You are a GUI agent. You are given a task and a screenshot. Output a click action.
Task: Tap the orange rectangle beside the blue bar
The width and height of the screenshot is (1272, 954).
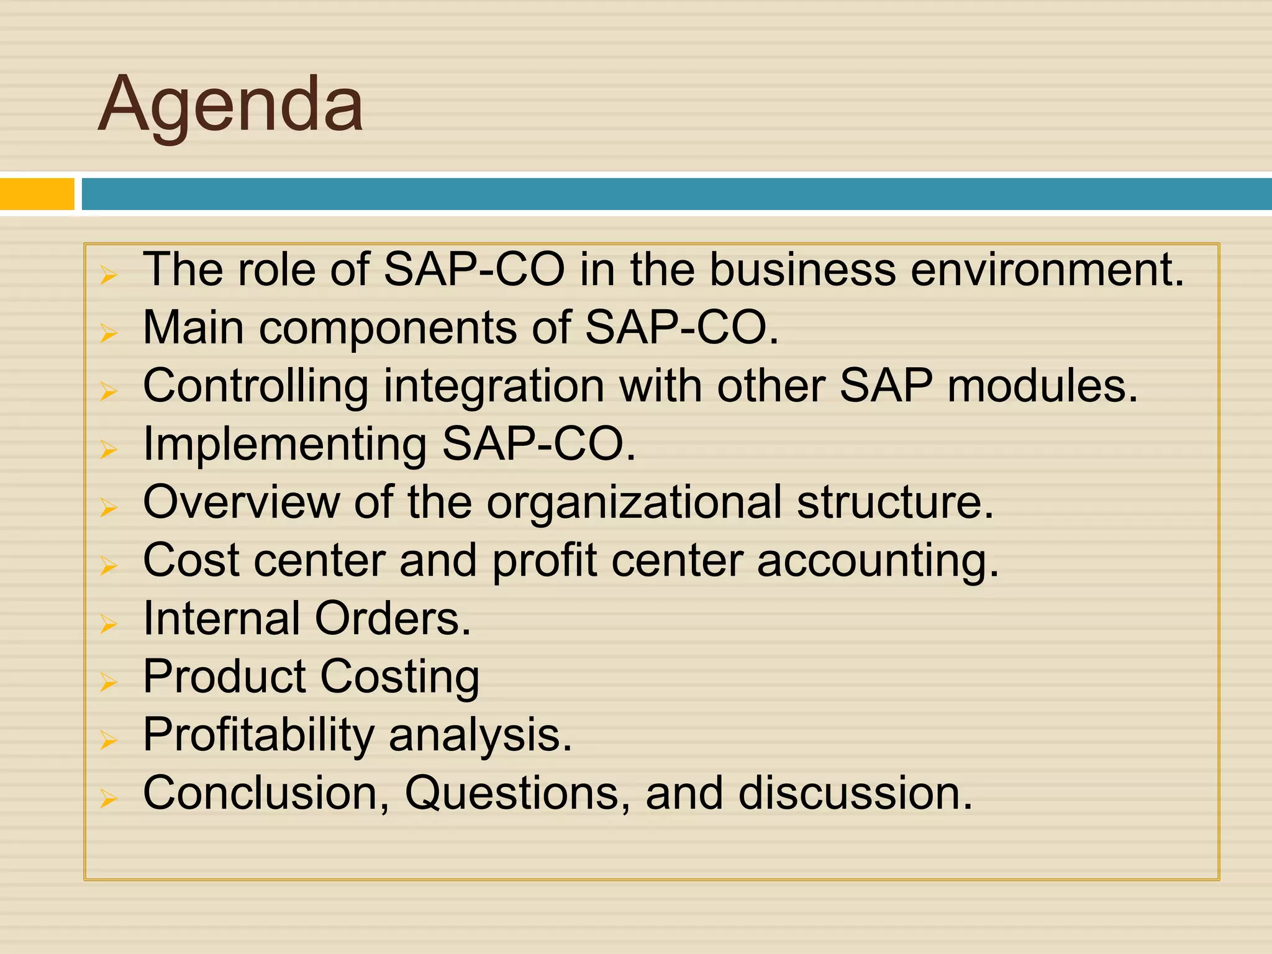37,194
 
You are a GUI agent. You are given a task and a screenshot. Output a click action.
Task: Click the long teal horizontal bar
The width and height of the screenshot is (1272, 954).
676,194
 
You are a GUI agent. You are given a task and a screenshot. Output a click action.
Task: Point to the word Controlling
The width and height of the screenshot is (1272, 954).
255,387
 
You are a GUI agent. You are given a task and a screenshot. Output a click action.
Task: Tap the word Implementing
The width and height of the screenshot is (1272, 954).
284,445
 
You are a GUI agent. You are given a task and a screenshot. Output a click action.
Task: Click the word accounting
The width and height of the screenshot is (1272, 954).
877,561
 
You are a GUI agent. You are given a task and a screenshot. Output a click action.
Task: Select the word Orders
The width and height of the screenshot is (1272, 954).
393,619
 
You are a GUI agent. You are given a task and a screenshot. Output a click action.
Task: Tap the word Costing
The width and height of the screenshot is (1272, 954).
399,678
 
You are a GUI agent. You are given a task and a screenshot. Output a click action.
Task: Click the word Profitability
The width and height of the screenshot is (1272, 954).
258,736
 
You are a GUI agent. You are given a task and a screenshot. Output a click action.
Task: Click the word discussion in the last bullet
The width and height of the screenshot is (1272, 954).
855,794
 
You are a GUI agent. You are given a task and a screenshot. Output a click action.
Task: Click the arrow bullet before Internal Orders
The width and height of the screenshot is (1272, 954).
109,624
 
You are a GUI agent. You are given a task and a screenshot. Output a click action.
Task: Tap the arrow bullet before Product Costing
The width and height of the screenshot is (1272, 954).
109,682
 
